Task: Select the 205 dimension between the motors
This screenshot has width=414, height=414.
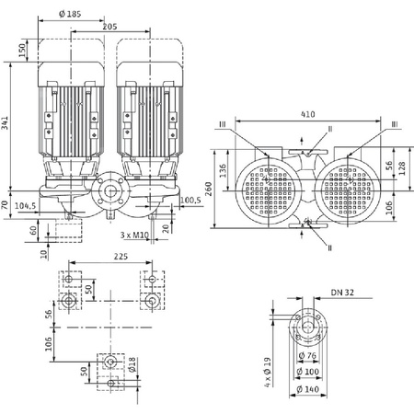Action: coord(110,29)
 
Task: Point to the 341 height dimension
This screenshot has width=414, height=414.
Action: coord(8,126)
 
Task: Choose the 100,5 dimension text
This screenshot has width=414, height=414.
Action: coord(190,200)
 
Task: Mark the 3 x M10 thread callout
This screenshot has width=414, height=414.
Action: coord(135,236)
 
